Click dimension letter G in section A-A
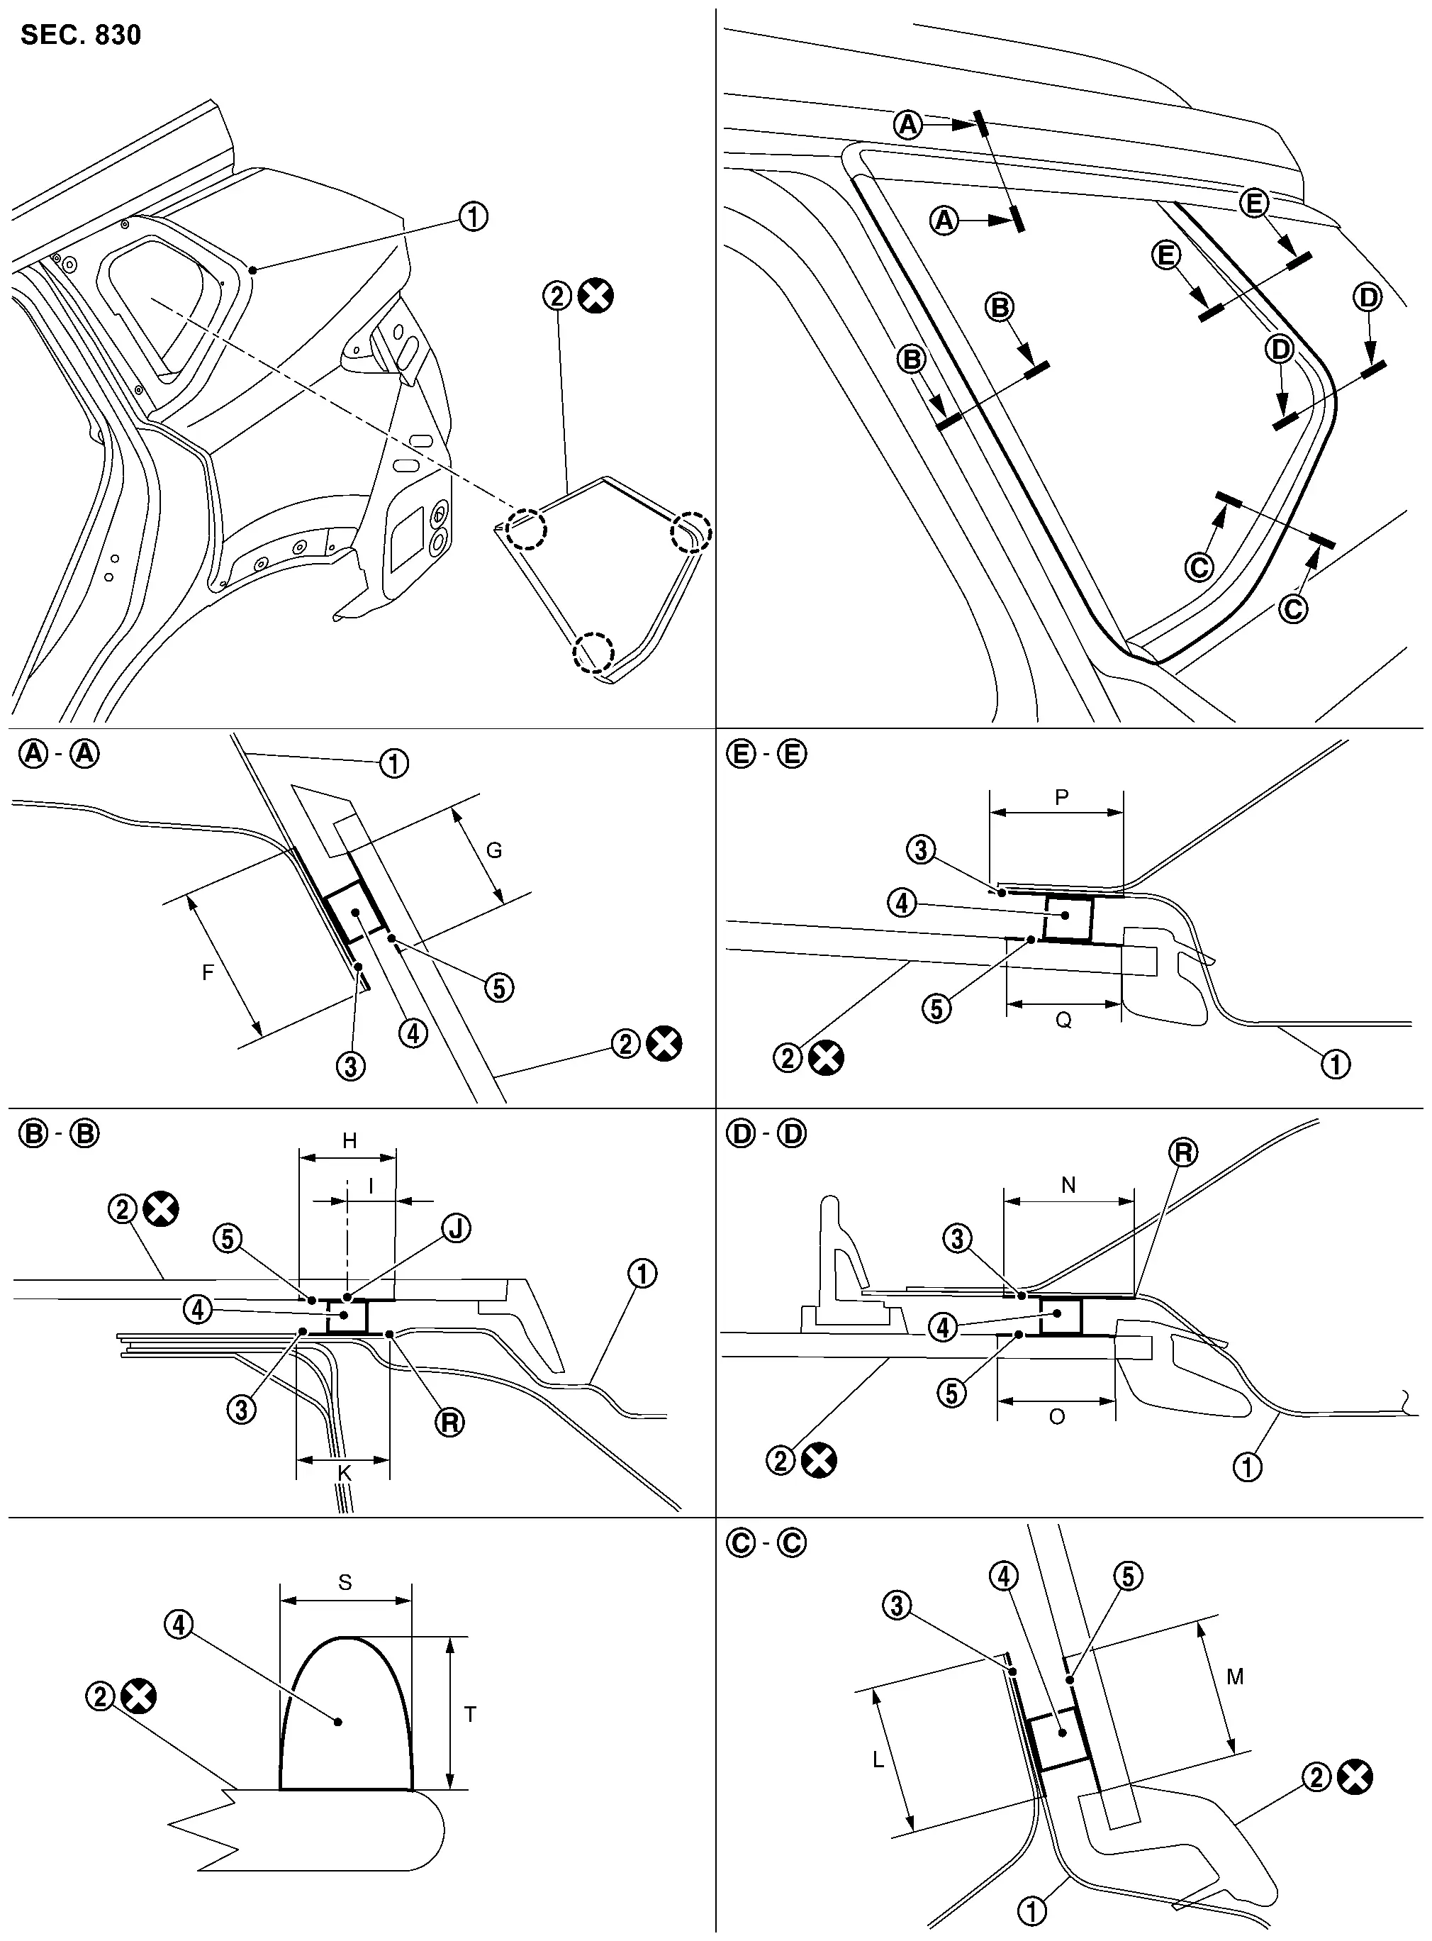[493, 850]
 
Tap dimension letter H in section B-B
[349, 1140]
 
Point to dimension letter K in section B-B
[344, 1472]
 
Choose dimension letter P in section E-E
[1062, 796]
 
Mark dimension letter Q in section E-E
[1063, 1020]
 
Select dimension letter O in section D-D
[1057, 1416]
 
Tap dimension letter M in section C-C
[1235, 1676]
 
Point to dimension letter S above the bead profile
[345, 1582]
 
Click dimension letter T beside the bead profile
[470, 1714]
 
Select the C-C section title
[766, 1543]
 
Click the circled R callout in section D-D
[1183, 1152]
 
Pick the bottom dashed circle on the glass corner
[592, 651]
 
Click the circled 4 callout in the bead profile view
[179, 1624]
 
